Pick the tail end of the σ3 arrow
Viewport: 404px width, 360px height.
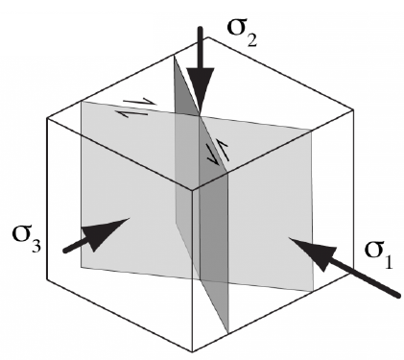(65, 252)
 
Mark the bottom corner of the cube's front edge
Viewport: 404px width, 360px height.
(195, 350)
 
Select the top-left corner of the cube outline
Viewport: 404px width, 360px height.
(48, 118)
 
